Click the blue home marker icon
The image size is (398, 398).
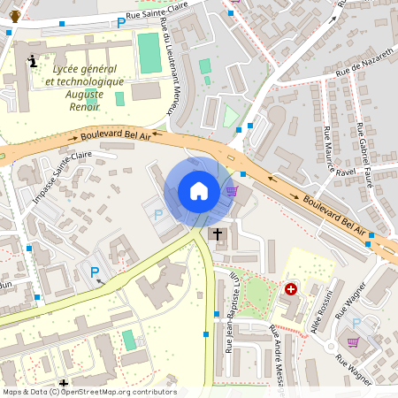point(199,191)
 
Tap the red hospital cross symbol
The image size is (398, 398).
point(291,289)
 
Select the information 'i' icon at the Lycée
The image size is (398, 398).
point(33,61)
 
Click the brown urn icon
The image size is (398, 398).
point(15,15)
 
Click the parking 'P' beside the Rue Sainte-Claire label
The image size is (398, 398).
point(121,22)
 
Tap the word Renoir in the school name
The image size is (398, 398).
point(83,105)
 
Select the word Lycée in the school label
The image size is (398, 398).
point(48,69)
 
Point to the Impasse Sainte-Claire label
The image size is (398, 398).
point(63,174)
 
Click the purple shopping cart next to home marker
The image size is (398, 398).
point(232,190)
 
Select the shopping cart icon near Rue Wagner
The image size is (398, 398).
point(354,342)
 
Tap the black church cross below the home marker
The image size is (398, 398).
point(217,233)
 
